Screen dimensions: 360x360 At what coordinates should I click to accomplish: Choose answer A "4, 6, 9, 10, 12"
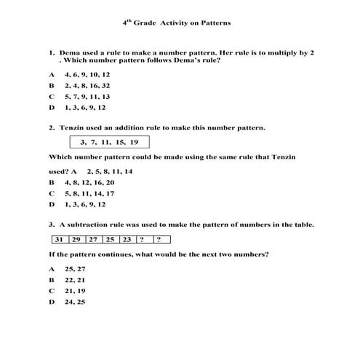tap(87, 75)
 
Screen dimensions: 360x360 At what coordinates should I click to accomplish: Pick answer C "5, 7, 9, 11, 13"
tap(87, 96)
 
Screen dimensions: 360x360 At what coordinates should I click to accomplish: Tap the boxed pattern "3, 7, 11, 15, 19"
tap(109, 142)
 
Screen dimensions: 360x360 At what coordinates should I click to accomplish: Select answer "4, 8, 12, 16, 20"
tap(89, 183)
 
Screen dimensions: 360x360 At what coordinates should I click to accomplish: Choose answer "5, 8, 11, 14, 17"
tap(89, 193)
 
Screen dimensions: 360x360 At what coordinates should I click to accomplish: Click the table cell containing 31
tap(60, 239)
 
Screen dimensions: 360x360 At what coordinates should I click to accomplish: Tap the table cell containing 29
tap(77, 239)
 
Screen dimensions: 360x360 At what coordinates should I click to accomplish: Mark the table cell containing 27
tap(93, 239)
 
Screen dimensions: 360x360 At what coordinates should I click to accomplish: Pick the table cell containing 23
tap(127, 239)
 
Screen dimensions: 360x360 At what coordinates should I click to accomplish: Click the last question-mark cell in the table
tap(161, 239)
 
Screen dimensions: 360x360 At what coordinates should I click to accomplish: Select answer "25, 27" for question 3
tap(75, 268)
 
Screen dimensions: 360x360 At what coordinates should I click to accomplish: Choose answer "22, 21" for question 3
tap(75, 279)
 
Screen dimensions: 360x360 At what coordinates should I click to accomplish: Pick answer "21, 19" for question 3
tap(75, 290)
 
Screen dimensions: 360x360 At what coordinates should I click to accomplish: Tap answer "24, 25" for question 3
tap(75, 301)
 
